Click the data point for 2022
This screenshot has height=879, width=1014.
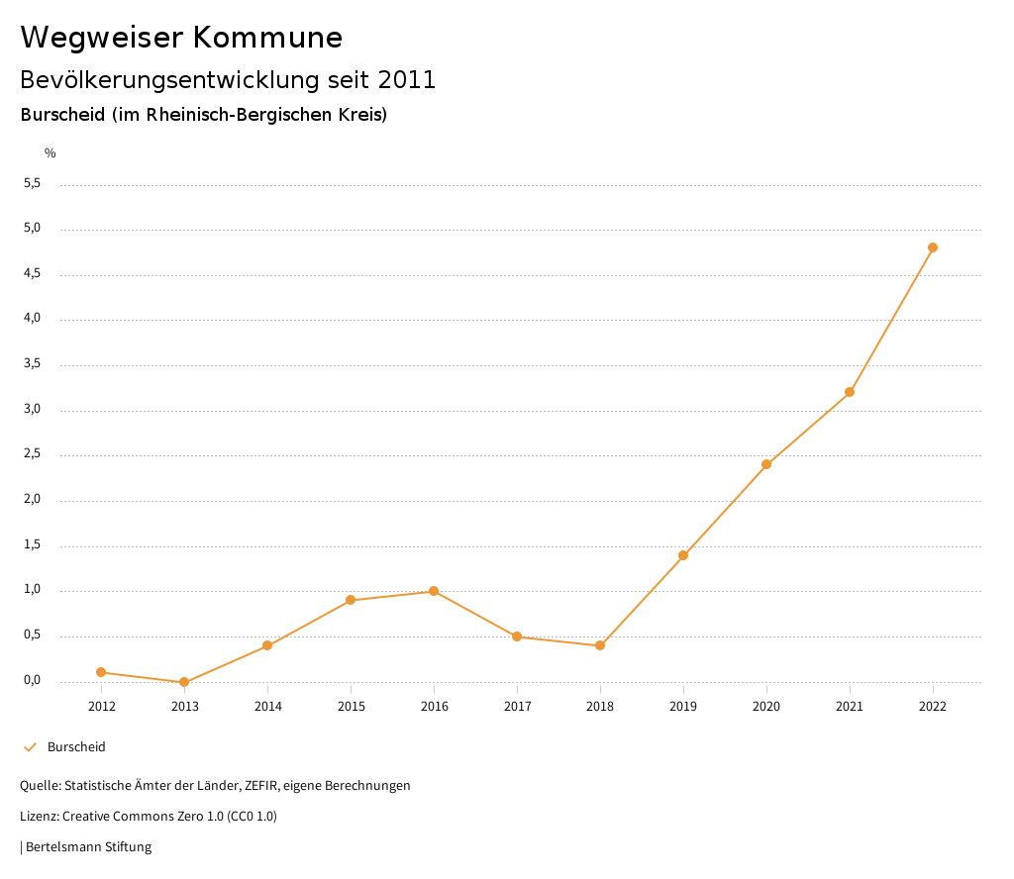[x=933, y=247]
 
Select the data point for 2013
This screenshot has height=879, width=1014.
[x=184, y=682]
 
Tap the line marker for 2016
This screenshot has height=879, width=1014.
[x=434, y=591]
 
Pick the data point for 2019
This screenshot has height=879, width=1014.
[x=683, y=555]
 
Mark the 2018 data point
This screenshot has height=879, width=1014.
[x=600, y=645]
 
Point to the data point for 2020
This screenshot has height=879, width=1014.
[x=766, y=464]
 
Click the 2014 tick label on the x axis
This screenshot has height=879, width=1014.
[x=267, y=707]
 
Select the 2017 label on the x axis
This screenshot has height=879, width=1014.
[x=517, y=707]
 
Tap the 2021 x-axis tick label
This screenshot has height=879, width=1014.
[x=850, y=707]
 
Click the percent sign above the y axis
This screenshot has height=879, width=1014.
[x=51, y=153]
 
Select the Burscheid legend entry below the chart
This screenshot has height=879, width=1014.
[x=76, y=747]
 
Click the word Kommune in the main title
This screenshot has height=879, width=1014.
[x=267, y=38]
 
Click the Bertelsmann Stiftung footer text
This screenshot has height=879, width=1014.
[x=88, y=847]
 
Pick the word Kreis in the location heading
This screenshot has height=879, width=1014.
[x=363, y=115]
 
